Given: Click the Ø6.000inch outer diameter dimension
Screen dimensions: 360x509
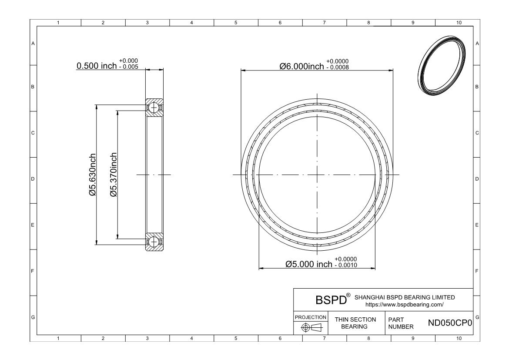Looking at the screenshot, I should [x=301, y=66].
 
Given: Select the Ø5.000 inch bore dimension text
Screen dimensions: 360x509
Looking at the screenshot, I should [x=308, y=264].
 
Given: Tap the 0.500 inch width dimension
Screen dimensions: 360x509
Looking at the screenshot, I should [x=97, y=66].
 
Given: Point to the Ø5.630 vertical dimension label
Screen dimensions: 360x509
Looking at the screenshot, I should [x=93, y=174].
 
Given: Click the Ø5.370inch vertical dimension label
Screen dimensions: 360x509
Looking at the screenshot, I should [x=114, y=174].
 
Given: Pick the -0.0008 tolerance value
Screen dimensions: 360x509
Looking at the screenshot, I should [x=337, y=67].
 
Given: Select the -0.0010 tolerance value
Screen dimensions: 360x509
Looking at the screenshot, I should [x=345, y=266].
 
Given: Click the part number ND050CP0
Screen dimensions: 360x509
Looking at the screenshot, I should [x=450, y=323].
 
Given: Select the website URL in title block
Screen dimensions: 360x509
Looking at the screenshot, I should [x=405, y=305].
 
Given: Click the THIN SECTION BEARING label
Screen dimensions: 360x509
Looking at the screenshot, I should [x=355, y=323].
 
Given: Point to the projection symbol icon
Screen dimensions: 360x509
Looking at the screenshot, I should [x=311, y=327].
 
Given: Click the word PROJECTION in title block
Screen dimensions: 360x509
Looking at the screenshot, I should [x=311, y=317].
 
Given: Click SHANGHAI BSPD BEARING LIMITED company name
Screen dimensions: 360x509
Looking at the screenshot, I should [x=405, y=297].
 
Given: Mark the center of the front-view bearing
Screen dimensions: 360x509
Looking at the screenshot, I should [x=317, y=175].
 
